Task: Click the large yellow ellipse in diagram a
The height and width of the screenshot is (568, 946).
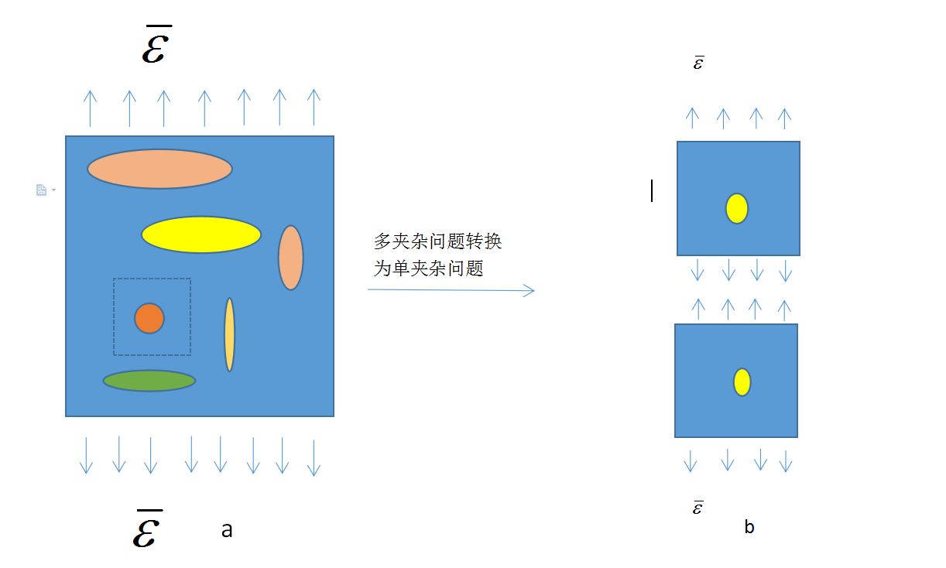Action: coord(201,234)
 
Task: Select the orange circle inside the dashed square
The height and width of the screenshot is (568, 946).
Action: coord(149,318)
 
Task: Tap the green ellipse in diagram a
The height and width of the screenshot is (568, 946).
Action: coord(149,381)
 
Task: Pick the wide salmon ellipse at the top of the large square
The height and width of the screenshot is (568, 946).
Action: coord(159,169)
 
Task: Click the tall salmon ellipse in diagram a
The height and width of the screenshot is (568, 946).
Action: coord(291,258)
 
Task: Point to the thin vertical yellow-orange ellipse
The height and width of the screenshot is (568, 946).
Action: coord(229,334)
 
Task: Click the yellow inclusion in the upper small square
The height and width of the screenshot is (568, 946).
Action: coord(737,209)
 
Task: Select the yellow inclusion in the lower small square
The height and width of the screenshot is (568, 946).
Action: coord(742,382)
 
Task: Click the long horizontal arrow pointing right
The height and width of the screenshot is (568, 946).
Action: coord(451,290)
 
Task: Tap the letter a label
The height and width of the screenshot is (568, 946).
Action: coord(227,530)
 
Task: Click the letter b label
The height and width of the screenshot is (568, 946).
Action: coord(749,527)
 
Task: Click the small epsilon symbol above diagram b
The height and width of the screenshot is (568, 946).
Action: coord(698,63)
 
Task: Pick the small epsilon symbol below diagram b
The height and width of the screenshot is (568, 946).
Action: coord(698,508)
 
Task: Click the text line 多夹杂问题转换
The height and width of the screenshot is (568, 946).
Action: coord(438,241)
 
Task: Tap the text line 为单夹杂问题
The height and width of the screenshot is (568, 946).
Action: coord(429,269)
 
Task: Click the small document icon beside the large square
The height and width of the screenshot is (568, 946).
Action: coord(42,190)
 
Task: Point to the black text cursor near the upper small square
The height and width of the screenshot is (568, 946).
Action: coord(652,190)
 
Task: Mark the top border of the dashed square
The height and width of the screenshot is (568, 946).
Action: coord(153,279)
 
